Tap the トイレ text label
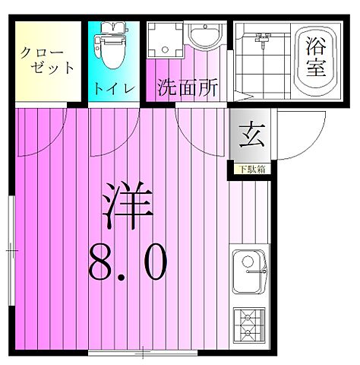click(x=112, y=89)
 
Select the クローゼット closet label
click(x=47, y=60)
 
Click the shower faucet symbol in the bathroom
click(x=263, y=38)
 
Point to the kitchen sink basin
click(x=248, y=268)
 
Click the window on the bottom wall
click(x=144, y=352)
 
